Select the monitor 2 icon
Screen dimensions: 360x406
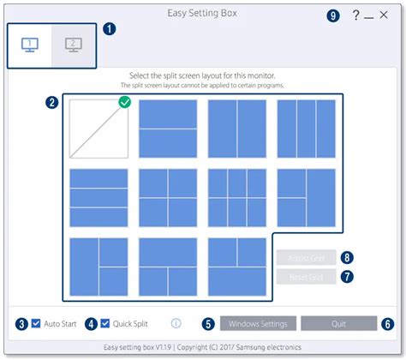click(73, 45)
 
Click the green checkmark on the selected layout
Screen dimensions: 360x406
click(125, 103)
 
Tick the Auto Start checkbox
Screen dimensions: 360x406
click(35, 323)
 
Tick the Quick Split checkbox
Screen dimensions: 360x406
click(105, 323)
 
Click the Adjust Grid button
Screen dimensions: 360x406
click(307, 256)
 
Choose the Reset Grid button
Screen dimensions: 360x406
click(307, 276)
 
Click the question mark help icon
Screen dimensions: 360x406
click(355, 16)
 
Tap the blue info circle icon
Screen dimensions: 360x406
click(176, 323)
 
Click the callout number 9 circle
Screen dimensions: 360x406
click(334, 15)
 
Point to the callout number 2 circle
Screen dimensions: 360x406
click(53, 102)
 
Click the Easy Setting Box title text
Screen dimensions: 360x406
click(203, 15)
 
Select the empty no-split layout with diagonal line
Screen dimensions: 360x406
click(99, 129)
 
